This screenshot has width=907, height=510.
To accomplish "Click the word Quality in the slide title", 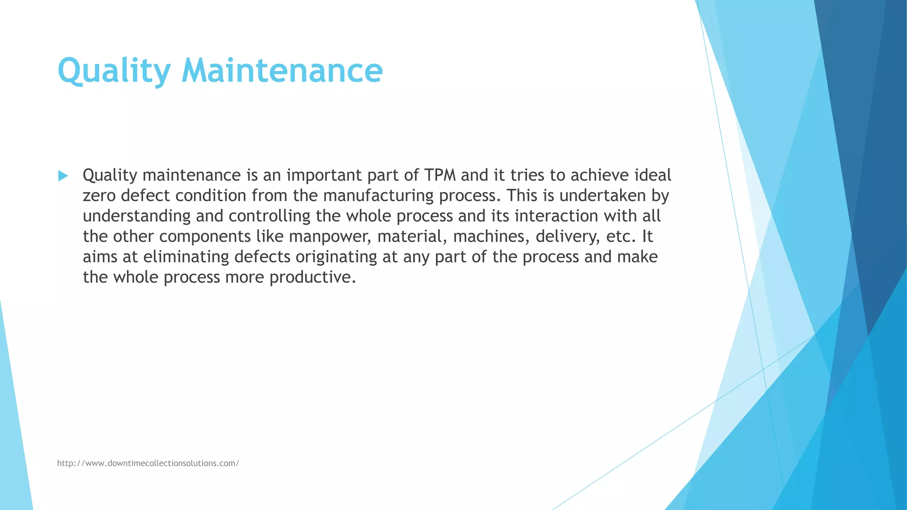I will coord(114,71).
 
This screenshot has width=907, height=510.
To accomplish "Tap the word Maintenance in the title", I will coord(282,71).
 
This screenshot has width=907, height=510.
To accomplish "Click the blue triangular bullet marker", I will coord(63,176).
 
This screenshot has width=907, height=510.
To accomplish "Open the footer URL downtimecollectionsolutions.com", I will coord(148,463).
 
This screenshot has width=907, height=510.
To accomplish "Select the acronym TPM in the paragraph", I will coord(440,175).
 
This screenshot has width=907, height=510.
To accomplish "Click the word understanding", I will coord(136,216).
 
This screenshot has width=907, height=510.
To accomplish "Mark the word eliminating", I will coord(186,257).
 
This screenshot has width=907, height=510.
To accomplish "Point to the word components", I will coord(205,236).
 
